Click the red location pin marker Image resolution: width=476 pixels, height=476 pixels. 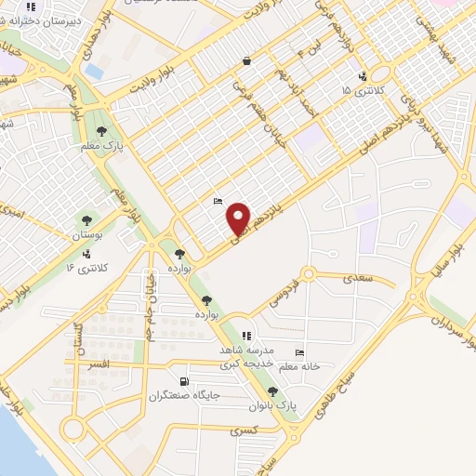click(x=240, y=218)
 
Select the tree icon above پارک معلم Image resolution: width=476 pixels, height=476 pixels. click(x=101, y=131)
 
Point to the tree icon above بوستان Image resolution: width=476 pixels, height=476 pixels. click(x=86, y=220)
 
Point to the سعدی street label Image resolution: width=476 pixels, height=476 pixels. click(x=356, y=277)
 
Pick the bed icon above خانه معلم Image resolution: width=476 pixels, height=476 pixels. click(x=298, y=352)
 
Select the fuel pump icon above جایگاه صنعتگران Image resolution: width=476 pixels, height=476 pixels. click(x=184, y=381)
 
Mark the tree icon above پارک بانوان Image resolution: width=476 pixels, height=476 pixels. click(x=272, y=391)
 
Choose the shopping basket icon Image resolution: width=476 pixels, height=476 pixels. click(x=246, y=61)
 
